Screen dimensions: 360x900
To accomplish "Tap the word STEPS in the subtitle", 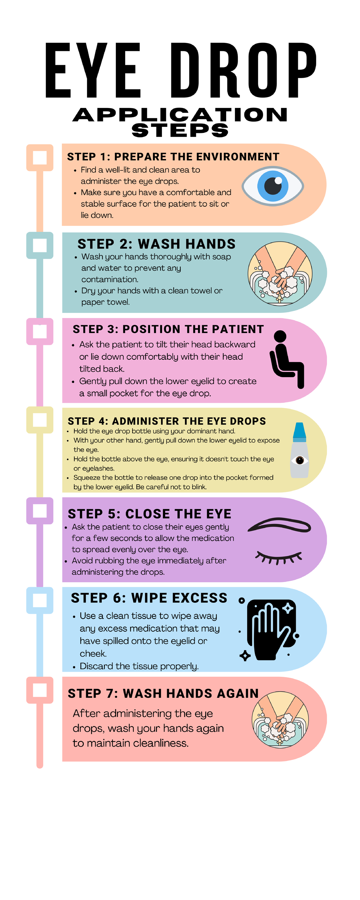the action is (180, 130).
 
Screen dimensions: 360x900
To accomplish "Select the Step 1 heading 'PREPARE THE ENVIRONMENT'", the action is (196, 157).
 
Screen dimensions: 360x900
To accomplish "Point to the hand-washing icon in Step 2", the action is (280, 273).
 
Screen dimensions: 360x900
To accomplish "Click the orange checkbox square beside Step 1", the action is (40, 157).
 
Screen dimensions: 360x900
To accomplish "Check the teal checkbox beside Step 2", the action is (40, 245).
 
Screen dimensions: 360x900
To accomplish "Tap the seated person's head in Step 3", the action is (280, 337).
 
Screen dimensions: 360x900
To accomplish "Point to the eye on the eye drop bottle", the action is (299, 460).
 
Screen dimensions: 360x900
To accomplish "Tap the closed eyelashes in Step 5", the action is (279, 557).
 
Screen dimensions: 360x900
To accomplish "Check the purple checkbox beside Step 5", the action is (40, 511).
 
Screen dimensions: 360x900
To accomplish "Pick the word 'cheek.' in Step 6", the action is (93, 653).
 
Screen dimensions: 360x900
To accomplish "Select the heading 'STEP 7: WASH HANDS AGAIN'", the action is (163, 694).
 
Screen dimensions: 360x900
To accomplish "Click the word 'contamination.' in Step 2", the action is (110, 279).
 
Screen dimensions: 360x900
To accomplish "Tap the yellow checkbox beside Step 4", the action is (40, 420).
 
